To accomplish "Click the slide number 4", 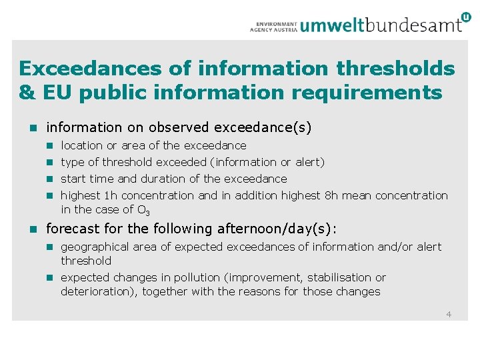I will (449, 314).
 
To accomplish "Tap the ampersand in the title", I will (27, 93).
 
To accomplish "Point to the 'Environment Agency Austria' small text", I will (274, 26).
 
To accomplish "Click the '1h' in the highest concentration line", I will (111, 195).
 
